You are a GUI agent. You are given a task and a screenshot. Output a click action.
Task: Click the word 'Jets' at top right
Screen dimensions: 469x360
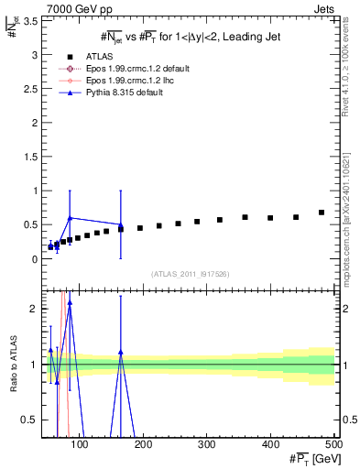[x=322, y=7]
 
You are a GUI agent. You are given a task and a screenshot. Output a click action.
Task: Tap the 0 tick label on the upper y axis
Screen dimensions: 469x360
[x=35, y=259]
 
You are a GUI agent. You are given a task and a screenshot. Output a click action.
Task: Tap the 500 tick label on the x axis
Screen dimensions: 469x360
[x=333, y=444]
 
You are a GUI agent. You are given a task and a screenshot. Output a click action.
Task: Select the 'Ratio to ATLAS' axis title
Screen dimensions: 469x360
[x=12, y=364]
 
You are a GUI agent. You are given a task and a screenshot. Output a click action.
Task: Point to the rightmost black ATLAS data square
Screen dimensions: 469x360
[x=322, y=213]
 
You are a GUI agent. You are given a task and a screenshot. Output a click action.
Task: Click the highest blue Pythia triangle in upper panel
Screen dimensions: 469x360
[x=70, y=218]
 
